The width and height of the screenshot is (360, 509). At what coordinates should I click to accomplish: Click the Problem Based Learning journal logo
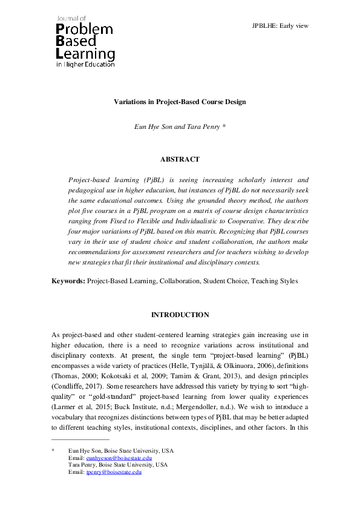click(85, 40)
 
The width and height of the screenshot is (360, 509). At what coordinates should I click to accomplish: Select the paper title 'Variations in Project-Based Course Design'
click(180, 102)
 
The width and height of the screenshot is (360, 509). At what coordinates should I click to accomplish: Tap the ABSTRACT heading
click(180, 159)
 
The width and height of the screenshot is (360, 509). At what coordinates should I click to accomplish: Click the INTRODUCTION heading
click(180, 315)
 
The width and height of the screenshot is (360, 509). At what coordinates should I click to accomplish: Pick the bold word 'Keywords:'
click(68, 281)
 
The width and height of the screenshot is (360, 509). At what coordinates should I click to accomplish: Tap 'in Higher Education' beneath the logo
click(85, 64)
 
